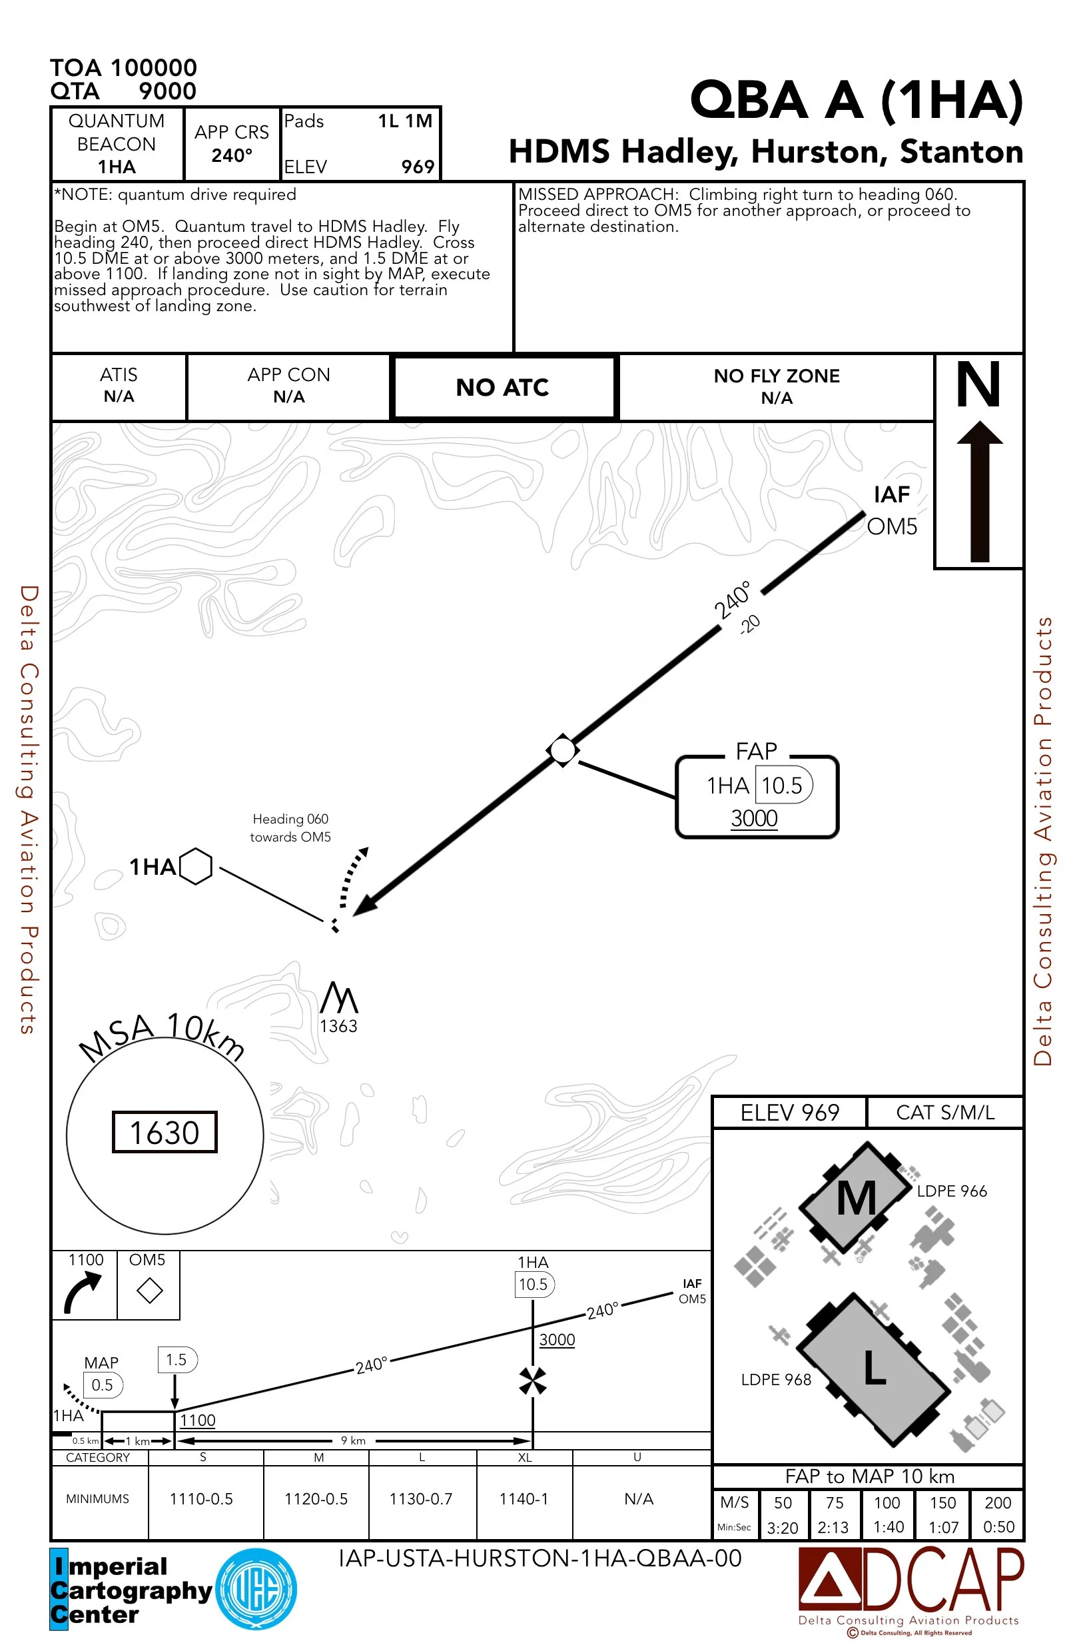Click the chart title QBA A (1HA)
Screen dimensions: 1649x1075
click(856, 100)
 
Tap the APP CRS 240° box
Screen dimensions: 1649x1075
click(231, 143)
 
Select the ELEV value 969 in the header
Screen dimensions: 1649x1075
click(418, 167)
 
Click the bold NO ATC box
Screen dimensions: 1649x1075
click(503, 387)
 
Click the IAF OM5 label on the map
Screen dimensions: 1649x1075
click(891, 510)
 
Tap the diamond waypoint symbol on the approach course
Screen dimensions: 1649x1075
click(562, 750)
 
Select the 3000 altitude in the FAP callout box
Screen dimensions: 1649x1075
click(755, 818)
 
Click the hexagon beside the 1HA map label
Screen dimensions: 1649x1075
click(196, 866)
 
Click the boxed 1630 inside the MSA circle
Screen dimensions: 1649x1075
click(165, 1132)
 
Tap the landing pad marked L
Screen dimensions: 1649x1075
click(874, 1369)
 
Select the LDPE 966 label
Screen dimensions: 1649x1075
click(952, 1191)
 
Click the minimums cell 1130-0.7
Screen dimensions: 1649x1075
click(420, 1498)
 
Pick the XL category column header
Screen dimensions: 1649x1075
click(525, 1457)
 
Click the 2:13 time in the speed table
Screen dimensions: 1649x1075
click(833, 1527)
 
